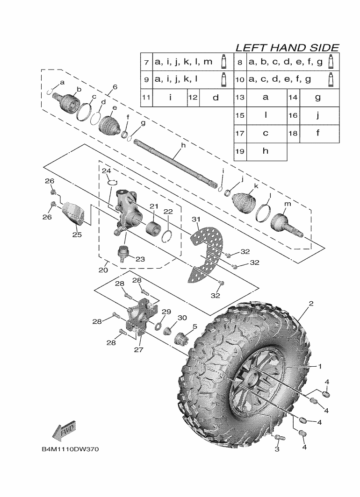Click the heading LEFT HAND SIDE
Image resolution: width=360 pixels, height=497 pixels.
pyautogui.click(x=287, y=48)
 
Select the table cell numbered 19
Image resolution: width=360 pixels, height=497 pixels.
pyautogui.click(x=240, y=151)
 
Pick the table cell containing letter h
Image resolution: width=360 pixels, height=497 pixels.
pyautogui.click(x=266, y=151)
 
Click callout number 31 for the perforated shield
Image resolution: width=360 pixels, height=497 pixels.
pyautogui.click(x=196, y=219)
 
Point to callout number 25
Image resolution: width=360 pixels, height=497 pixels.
pyautogui.click(x=77, y=234)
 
